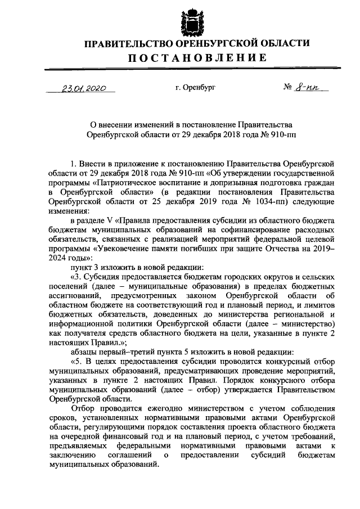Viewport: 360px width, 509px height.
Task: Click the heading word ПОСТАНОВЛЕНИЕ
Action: (195, 57)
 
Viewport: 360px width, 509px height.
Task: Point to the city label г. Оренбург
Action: (195, 88)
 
